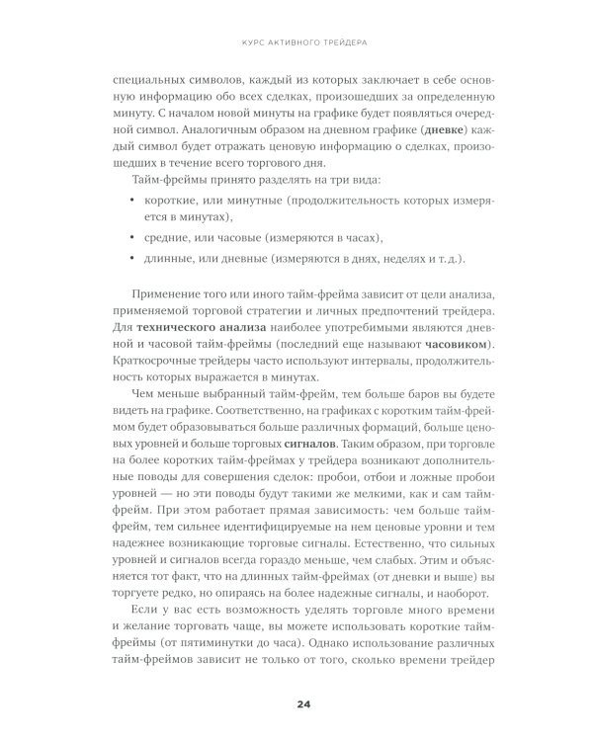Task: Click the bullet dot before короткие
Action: point(133,199)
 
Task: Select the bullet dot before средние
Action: point(133,238)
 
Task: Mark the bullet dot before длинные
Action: point(133,259)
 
